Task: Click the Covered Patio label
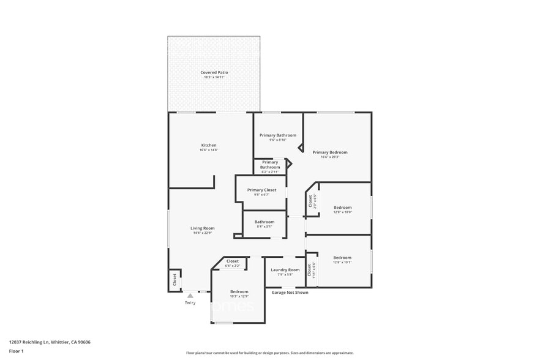(214, 72)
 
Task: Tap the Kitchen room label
(209, 145)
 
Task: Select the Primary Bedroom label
(330, 152)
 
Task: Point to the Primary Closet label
(261, 190)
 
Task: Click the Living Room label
(202, 228)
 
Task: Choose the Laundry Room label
(285, 270)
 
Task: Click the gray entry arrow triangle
(190, 296)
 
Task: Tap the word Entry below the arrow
(190, 303)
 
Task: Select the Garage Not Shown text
(290, 293)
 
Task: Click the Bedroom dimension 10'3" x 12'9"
(239, 296)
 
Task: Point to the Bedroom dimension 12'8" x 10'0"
(342, 212)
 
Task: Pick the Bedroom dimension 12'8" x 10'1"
(342, 263)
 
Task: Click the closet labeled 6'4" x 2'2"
(233, 266)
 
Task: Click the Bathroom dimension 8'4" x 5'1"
(264, 227)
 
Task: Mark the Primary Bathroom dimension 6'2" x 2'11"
(270, 172)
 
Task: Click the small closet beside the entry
(174, 280)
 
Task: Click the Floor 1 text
(16, 351)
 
